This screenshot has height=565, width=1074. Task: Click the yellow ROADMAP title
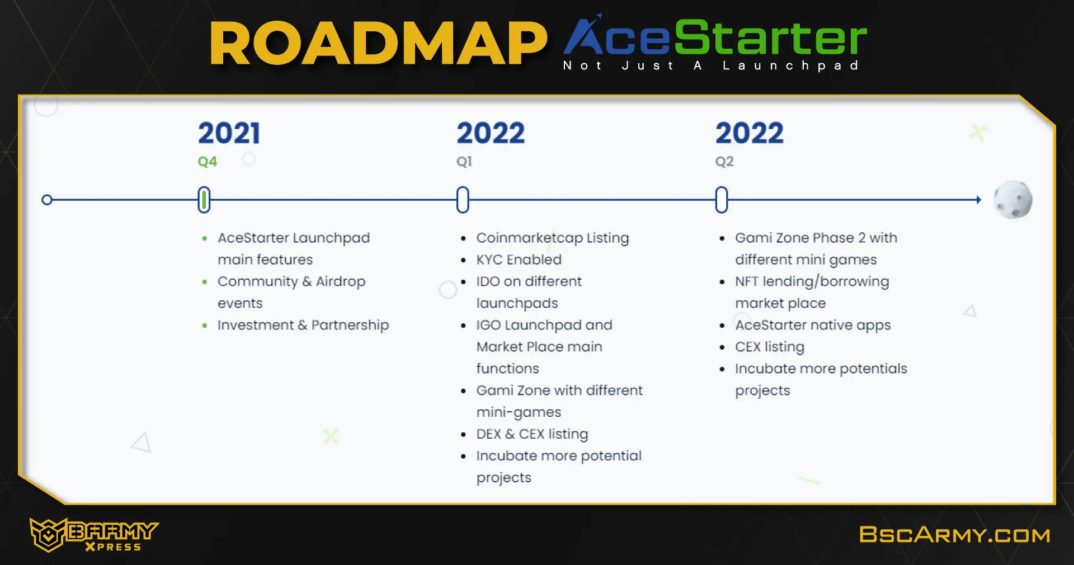pyautogui.click(x=378, y=44)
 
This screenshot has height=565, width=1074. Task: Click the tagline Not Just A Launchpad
pyautogui.click(x=711, y=66)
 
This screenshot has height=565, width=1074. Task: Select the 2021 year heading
pyautogui.click(x=229, y=133)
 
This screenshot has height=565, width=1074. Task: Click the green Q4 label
pyautogui.click(x=207, y=162)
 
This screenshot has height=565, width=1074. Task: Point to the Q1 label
pyautogui.click(x=464, y=162)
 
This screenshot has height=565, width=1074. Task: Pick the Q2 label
pyautogui.click(x=724, y=162)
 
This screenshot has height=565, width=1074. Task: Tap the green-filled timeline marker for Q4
pyautogui.click(x=204, y=200)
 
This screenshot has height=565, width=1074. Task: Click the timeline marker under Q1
pyautogui.click(x=463, y=200)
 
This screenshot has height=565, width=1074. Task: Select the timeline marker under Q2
pyautogui.click(x=722, y=200)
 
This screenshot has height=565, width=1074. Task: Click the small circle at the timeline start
pyautogui.click(x=47, y=200)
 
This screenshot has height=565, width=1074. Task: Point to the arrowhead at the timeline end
pyautogui.click(x=979, y=200)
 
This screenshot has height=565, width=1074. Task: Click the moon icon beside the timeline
pyautogui.click(x=1013, y=200)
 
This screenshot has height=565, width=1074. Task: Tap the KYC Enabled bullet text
pyautogui.click(x=519, y=260)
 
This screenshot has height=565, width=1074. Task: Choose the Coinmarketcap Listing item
pyautogui.click(x=553, y=238)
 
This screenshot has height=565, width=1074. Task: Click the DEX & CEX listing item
pyautogui.click(x=532, y=434)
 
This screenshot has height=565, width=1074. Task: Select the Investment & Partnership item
pyautogui.click(x=303, y=325)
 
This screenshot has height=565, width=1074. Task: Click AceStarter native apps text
pyautogui.click(x=813, y=325)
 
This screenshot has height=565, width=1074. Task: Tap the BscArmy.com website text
pyautogui.click(x=955, y=535)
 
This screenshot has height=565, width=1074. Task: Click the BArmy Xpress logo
pyautogui.click(x=94, y=535)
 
